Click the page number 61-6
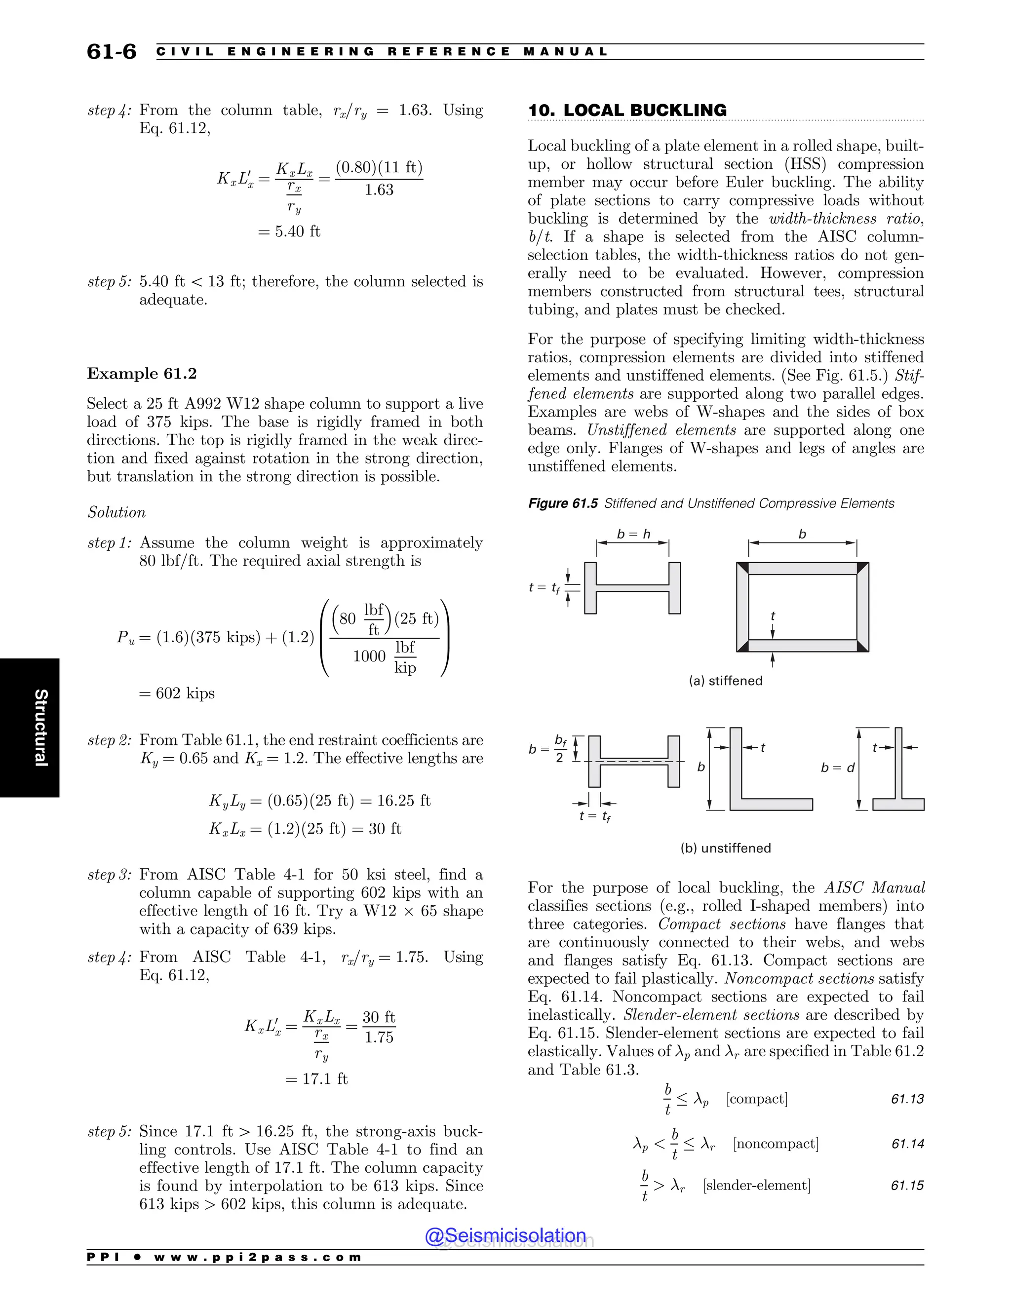112,51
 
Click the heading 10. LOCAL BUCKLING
627,110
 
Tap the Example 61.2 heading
142,374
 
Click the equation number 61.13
907,1099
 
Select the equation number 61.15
907,1185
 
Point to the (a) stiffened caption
725,681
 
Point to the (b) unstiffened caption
725,848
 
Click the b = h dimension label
633,534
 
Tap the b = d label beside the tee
837,768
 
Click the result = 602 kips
177,693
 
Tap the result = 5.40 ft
289,232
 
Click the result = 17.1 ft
316,1078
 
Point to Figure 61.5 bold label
562,503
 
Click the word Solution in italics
117,513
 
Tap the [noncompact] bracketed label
776,1144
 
